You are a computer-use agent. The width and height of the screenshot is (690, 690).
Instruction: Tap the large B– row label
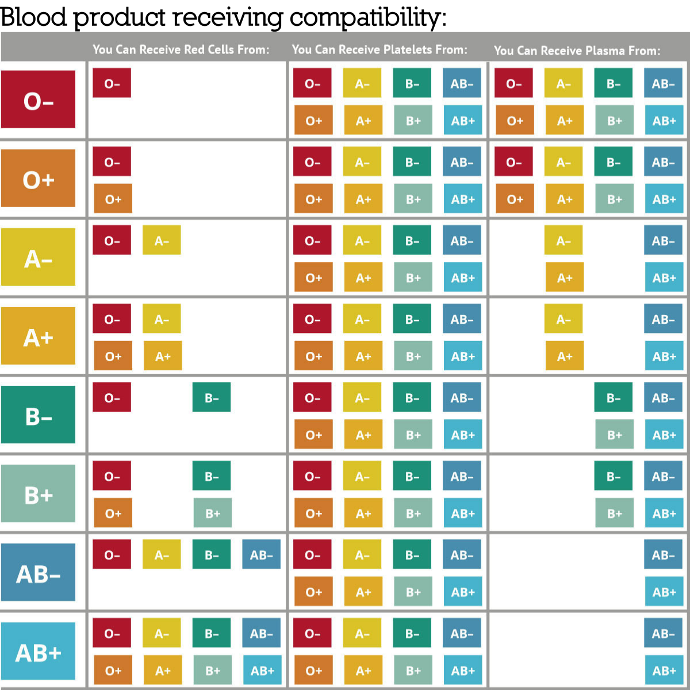click(38, 415)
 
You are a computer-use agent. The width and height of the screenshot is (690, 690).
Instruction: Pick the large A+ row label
click(38, 336)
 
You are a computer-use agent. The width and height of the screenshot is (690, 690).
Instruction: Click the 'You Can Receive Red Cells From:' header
click(181, 49)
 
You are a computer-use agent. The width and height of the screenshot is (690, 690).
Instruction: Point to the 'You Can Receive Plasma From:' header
click(577, 51)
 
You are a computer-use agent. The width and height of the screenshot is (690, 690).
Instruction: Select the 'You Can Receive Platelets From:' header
click(379, 49)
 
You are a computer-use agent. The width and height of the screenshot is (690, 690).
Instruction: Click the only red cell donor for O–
click(112, 83)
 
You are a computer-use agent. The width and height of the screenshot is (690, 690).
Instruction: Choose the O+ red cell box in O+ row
click(113, 199)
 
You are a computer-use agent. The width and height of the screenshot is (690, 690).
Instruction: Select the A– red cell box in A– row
click(162, 240)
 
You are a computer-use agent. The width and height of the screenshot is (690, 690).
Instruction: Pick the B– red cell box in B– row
click(212, 397)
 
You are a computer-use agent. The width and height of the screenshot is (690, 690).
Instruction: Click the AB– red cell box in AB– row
click(261, 554)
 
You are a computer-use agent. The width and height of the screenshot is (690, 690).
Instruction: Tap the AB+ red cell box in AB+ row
click(262, 670)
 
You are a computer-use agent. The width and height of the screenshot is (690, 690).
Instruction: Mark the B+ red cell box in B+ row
click(212, 513)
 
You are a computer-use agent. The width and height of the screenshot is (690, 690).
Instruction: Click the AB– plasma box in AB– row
click(663, 554)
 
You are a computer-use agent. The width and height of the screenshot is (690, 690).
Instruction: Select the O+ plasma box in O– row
click(515, 120)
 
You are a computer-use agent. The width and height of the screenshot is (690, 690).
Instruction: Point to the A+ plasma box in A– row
click(564, 277)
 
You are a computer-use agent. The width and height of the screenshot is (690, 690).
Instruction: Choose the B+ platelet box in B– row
click(413, 435)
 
